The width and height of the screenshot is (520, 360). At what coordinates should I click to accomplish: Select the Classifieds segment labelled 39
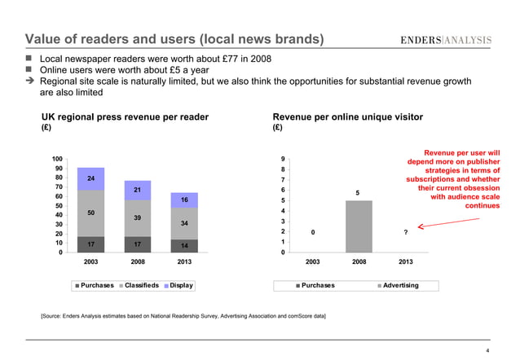(x=137, y=218)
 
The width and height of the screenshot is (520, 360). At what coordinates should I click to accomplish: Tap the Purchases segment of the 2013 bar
(x=185, y=245)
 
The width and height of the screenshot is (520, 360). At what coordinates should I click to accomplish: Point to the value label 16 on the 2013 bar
(x=185, y=200)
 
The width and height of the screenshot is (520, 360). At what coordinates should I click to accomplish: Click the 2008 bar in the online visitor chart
(x=359, y=226)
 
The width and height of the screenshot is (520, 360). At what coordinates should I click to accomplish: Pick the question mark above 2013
(x=406, y=233)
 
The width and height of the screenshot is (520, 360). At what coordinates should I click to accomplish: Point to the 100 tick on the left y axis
(x=56, y=159)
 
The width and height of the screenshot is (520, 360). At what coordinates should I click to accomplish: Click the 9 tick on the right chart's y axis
(x=281, y=159)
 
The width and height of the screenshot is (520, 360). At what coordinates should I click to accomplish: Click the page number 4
(x=487, y=351)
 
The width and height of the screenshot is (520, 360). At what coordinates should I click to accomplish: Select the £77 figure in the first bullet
(x=212, y=59)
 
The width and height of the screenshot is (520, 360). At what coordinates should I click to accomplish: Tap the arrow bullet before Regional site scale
(x=30, y=81)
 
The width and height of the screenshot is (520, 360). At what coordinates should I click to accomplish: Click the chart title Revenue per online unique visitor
(x=347, y=117)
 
